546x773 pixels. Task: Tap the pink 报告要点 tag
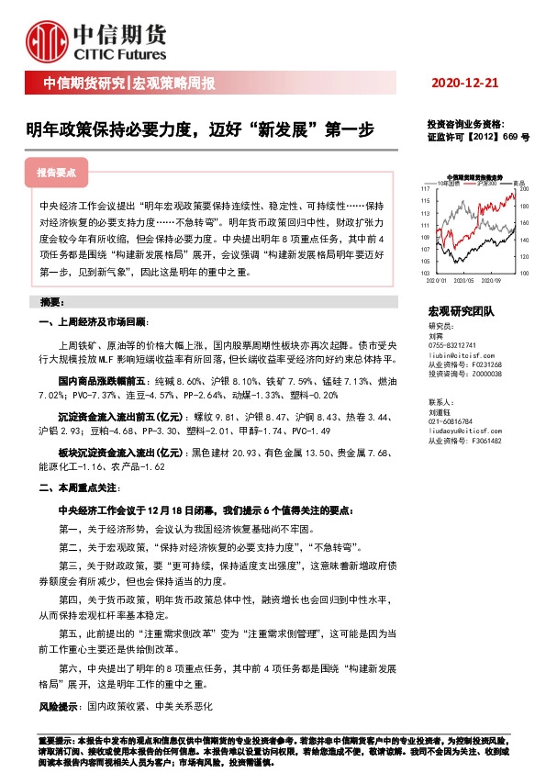click(62, 172)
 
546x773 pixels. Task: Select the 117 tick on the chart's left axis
click(425, 189)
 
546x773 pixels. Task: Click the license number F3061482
click(484, 441)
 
